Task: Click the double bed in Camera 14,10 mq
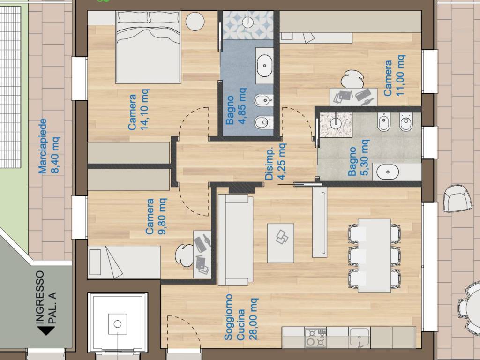[148, 47]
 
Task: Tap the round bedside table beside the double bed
[195, 22]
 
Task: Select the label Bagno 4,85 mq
[236, 106]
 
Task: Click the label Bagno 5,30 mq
[358, 158]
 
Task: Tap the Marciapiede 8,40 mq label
[49, 146]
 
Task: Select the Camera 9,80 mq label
[156, 217]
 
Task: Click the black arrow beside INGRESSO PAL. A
[46, 330]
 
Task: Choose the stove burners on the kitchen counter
[315, 337]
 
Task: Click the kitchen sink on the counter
[360, 337]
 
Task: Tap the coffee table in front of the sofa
[281, 243]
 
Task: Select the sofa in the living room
[235, 240]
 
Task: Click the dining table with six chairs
[375, 255]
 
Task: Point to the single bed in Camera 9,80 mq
[124, 262]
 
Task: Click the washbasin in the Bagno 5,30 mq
[388, 172]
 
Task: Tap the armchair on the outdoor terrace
[457, 198]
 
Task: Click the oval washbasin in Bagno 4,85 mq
[264, 66]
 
